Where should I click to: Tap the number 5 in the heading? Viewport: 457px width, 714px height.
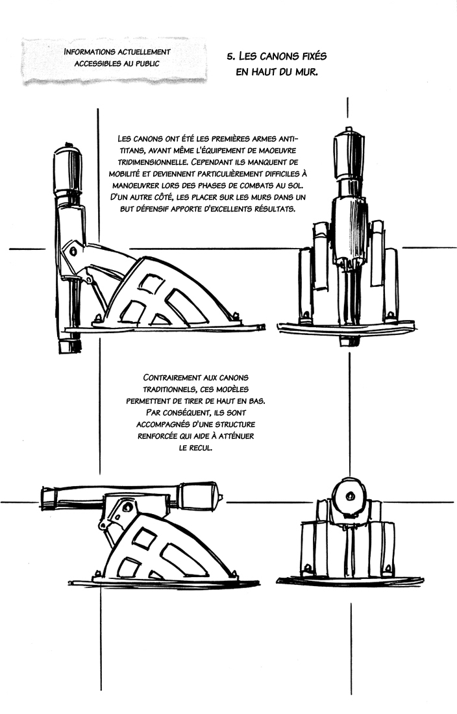click(x=230, y=56)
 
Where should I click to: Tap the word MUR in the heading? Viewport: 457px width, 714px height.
click(x=303, y=73)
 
